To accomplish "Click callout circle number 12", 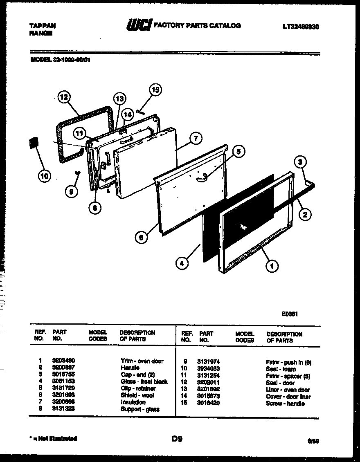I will click(63, 97).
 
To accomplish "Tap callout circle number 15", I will click(155, 90).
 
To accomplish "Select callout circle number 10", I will click(44, 176).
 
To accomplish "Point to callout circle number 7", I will click(196, 139).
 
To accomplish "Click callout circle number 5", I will click(239, 152).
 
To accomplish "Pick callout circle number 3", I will click(300, 162).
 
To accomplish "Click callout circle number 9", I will click(72, 191).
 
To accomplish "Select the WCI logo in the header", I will click(138, 26).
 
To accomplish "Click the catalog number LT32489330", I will click(300, 27).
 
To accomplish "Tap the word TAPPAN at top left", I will click(43, 25).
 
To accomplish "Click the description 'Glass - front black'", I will click(144, 381).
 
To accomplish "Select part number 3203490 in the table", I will click(63, 361).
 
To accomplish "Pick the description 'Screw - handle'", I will click(285, 404).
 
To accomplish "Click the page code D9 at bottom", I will click(177, 439).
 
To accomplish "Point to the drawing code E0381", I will click(289, 314).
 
